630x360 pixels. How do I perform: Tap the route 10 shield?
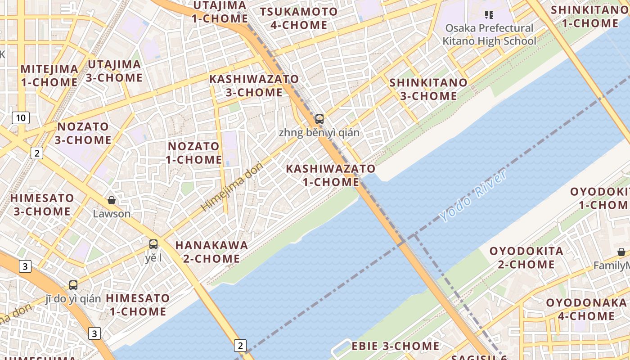pos(21,118)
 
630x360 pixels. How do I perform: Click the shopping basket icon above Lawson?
pos(111,200)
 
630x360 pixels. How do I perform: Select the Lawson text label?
pos(112,214)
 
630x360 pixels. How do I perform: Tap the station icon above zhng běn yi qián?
pos(319,119)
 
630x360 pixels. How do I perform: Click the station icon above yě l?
pos(153,244)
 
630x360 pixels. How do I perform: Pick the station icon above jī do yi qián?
pos(73,285)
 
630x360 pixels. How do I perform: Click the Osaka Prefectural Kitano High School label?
pos(489,35)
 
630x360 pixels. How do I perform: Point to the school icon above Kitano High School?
pos(489,15)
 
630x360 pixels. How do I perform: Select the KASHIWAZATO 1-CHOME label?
pos(331,175)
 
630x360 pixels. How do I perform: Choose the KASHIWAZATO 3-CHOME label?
pos(254,85)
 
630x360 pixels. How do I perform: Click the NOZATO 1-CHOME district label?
pos(193,153)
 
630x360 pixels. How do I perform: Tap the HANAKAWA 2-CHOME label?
pos(211,252)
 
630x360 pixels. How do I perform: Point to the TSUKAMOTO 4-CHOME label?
pos(299,18)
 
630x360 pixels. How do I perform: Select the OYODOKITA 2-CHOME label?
pos(526,257)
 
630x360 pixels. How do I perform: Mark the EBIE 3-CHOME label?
pos(396,346)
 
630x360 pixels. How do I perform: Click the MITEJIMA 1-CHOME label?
pos(49,76)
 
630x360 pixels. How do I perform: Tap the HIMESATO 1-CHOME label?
pos(138,305)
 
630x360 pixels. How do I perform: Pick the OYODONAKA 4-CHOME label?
pos(586,309)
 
